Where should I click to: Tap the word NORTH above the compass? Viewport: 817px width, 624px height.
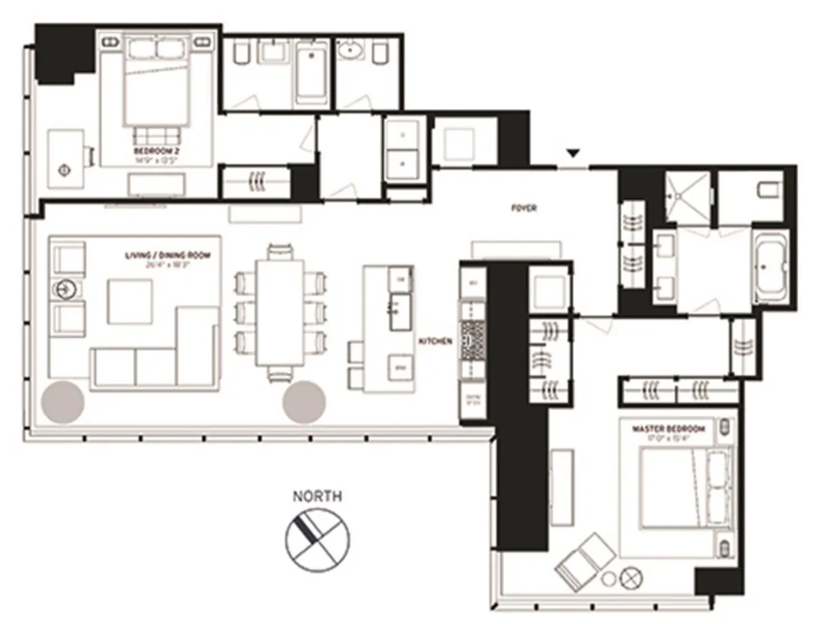coord(317,497)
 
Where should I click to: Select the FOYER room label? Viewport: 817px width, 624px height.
coord(524,209)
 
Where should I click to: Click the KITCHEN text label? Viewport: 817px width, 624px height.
coord(435,342)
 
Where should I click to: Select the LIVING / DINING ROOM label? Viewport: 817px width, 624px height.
coord(167,255)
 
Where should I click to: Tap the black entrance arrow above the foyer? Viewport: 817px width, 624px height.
coord(573,154)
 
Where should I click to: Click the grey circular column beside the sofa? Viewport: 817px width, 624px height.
coord(64,400)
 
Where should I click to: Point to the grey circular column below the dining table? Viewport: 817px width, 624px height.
coord(304,400)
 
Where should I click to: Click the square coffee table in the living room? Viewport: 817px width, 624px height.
coord(130,301)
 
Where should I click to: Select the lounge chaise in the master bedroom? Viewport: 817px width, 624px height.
coord(585,560)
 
